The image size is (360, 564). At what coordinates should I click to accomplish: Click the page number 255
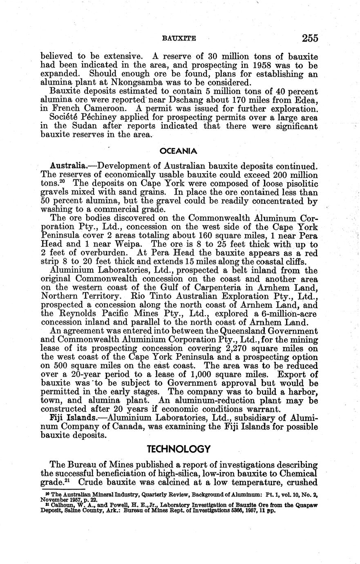pos(310,38)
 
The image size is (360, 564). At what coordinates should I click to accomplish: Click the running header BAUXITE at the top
pos(179,39)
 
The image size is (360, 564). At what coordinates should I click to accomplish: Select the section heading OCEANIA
pos(178,151)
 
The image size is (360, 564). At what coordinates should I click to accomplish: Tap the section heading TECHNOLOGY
pos(179,449)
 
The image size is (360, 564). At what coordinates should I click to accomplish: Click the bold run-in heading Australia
pos(67,166)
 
